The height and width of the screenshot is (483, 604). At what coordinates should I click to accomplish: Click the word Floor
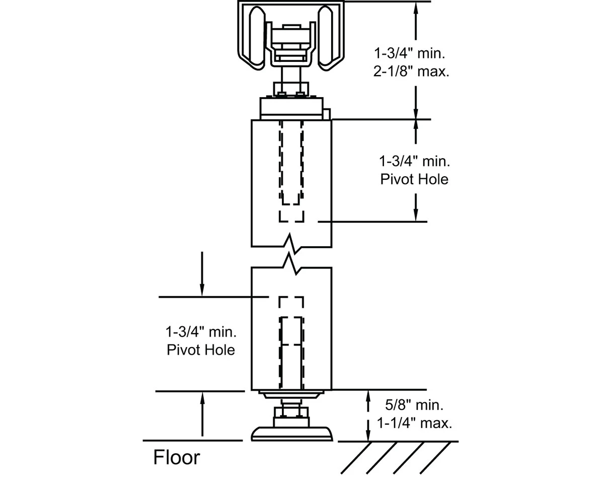pyautogui.click(x=176, y=458)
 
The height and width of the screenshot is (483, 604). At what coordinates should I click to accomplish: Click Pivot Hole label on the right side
pyautogui.click(x=414, y=179)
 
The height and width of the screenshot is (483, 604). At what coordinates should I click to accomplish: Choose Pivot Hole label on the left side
pyautogui.click(x=201, y=350)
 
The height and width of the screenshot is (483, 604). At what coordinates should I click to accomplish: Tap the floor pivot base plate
pyautogui.click(x=291, y=434)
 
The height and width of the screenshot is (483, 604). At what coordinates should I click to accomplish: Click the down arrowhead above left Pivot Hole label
pyautogui.click(x=202, y=290)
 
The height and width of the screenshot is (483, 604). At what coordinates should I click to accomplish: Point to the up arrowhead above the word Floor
pyautogui.click(x=202, y=397)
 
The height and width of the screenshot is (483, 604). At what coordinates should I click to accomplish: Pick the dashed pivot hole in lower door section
pyautogui.click(x=291, y=342)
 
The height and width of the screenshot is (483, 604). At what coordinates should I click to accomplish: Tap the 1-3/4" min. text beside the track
pyautogui.click(x=411, y=52)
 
